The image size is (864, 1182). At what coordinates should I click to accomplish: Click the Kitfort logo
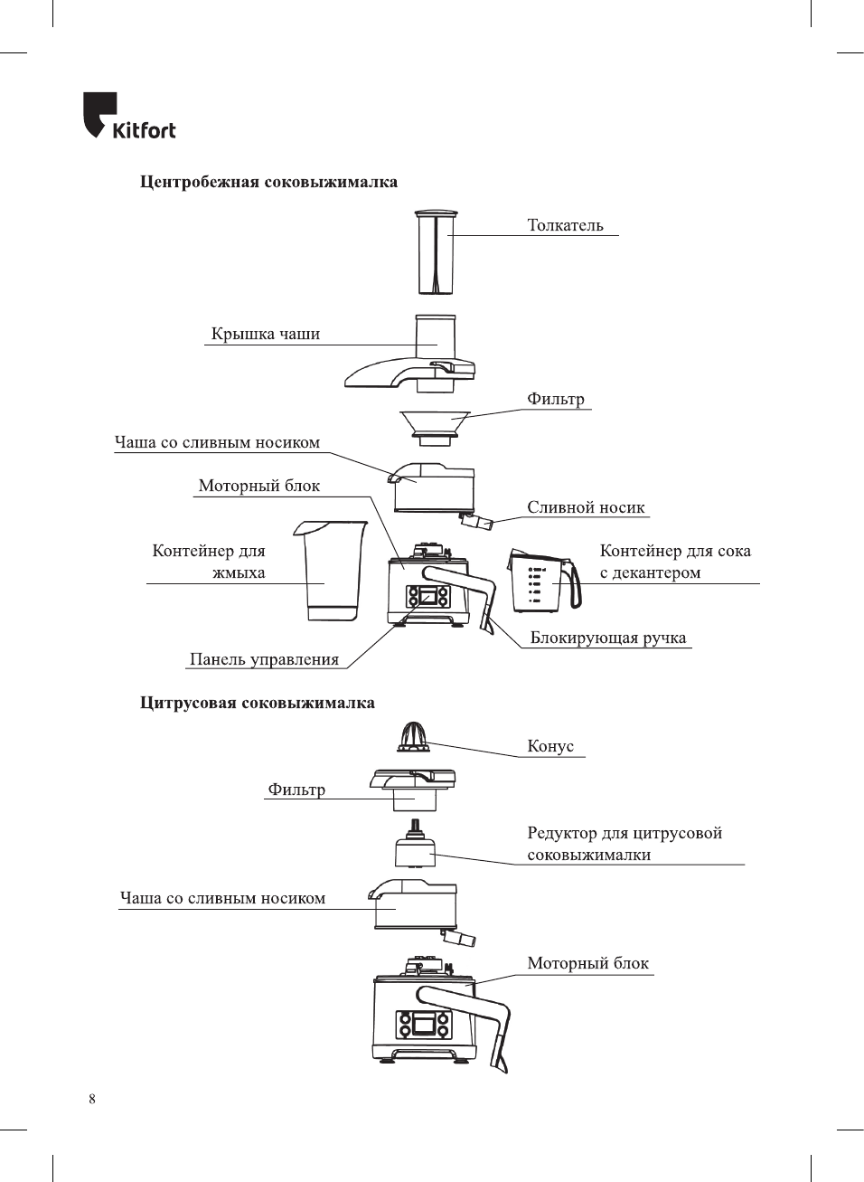[x=129, y=117]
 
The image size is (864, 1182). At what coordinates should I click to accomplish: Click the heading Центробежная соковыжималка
[x=268, y=182]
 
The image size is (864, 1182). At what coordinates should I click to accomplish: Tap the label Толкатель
[x=565, y=225]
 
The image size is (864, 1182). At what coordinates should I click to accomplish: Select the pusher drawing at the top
[x=436, y=253]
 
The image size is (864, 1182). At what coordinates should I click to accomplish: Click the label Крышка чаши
[x=266, y=334]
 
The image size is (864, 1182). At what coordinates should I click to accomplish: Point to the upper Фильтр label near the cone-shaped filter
[x=556, y=399]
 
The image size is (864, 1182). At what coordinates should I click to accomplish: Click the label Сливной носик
[x=586, y=507]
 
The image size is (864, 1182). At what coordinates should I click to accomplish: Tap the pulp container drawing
[x=332, y=571]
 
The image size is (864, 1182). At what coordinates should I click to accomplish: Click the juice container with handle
[x=542, y=580]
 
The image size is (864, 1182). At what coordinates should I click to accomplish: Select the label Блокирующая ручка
[x=608, y=638]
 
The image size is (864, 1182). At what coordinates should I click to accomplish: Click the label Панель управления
[x=264, y=659]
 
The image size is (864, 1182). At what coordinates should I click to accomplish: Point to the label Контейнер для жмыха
[x=209, y=562]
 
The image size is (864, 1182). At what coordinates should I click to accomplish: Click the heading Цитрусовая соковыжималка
[x=258, y=703]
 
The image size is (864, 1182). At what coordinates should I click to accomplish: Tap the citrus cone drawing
[x=413, y=737]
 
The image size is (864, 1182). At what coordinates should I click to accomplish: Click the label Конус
[x=550, y=746]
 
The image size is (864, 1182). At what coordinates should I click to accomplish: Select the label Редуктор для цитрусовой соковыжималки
[x=625, y=844]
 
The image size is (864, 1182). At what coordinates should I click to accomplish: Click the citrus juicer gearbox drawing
[x=414, y=849]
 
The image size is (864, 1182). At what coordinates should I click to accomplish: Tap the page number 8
[x=92, y=1099]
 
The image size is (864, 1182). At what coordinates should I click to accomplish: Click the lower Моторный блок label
[x=587, y=963]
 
